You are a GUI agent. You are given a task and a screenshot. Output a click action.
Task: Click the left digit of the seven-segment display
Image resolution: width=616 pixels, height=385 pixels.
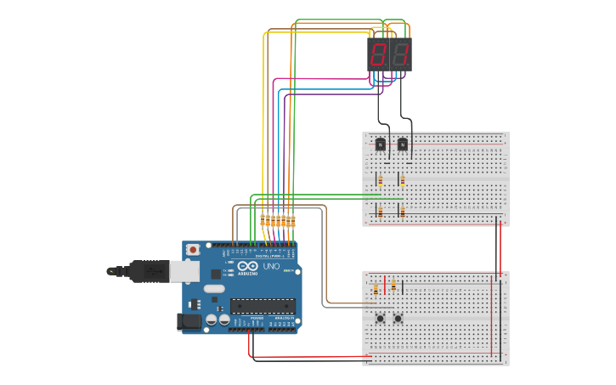[379, 56]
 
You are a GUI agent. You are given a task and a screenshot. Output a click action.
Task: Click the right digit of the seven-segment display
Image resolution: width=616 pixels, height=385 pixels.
[400, 56]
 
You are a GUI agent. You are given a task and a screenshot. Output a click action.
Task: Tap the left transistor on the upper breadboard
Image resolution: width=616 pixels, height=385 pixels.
[380, 144]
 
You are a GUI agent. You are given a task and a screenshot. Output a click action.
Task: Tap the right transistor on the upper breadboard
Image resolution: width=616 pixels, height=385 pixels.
[403, 144]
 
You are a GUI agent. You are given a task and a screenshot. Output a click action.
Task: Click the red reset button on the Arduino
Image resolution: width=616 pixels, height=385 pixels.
[193, 250]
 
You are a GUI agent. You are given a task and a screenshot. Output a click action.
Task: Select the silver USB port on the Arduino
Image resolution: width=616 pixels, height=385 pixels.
[184, 271]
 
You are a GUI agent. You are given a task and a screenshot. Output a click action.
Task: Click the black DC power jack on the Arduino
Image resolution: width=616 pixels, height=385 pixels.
[189, 322]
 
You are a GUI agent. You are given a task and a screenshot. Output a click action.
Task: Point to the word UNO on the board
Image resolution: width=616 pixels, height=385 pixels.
[271, 266]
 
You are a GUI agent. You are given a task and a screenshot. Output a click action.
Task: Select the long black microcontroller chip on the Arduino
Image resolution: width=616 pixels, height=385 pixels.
[263, 306]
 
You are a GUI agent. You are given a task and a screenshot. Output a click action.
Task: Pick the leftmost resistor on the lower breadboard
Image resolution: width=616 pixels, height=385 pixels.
[376, 290]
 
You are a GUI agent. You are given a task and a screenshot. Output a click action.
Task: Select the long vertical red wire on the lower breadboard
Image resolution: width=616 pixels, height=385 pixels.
[491, 314]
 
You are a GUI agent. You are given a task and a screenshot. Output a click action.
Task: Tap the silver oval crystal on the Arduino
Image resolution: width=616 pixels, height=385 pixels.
[214, 289]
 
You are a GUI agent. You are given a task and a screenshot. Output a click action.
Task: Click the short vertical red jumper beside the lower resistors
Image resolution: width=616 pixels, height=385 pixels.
[385, 285]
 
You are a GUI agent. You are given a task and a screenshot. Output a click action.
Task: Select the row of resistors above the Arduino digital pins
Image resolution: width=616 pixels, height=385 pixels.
[278, 221]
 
